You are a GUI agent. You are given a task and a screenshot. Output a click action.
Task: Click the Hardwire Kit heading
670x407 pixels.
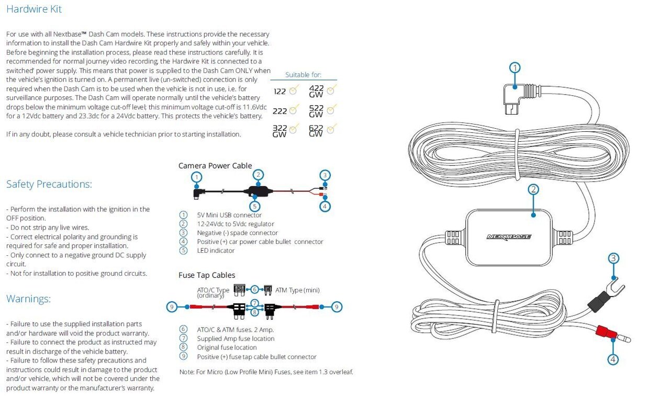tap(34, 9)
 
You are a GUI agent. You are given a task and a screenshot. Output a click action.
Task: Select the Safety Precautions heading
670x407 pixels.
tap(49, 184)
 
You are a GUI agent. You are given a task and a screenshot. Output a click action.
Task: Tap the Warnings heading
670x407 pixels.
tap(29, 299)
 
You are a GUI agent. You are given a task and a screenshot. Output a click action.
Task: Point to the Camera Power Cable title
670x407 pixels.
tap(215, 166)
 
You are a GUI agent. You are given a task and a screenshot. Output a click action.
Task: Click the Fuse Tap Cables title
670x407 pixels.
tap(207, 275)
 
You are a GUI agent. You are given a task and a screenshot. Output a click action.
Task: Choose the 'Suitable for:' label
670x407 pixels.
tap(303, 75)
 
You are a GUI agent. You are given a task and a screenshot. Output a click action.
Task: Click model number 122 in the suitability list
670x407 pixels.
tap(280, 92)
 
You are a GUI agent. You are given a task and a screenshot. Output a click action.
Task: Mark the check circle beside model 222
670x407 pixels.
tap(293, 110)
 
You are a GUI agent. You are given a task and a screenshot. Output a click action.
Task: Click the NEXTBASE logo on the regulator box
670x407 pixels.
tap(509, 236)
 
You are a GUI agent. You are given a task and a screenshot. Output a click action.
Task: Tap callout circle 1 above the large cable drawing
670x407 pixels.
tap(515, 67)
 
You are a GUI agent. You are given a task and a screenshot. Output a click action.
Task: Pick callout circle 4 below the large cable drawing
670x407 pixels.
tap(613, 359)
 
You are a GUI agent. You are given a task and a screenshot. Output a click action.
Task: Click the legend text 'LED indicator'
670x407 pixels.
tap(216, 251)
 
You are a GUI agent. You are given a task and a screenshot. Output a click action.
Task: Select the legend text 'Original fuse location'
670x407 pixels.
tap(227, 347)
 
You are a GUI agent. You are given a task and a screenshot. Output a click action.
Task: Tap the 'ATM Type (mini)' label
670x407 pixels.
tap(297, 290)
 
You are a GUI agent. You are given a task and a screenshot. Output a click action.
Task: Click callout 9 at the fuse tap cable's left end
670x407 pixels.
tap(172, 307)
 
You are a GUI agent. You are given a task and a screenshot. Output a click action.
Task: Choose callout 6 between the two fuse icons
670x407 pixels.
tap(255, 289)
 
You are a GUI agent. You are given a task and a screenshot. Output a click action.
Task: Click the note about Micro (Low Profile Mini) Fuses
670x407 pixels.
tap(266, 372)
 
